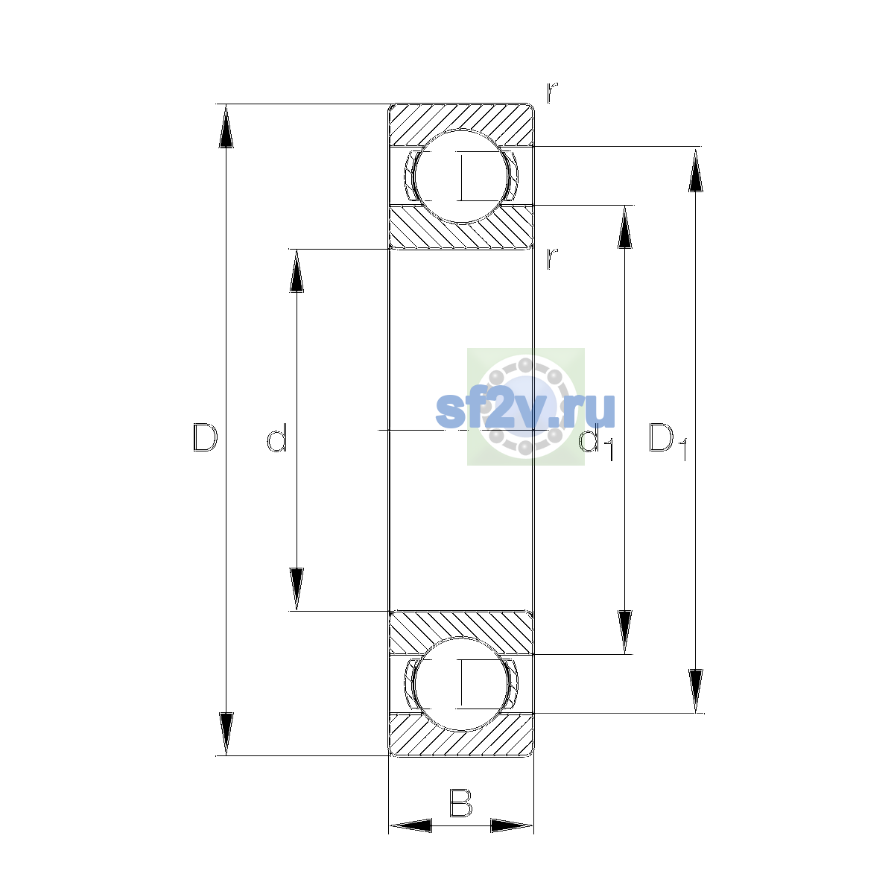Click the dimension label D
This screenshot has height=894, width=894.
tap(205, 437)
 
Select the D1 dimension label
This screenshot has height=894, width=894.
tap(668, 441)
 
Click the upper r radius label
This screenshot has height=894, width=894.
tap(551, 92)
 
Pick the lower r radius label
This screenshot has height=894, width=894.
tap(551, 259)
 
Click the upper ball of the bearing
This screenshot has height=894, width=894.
tap(460, 176)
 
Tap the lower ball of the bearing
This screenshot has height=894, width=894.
tap(460, 684)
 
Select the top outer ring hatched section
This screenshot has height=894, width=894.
tap(460, 121)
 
